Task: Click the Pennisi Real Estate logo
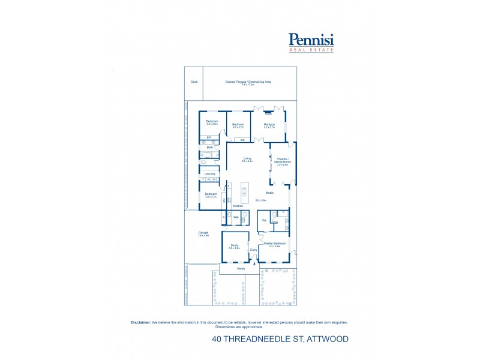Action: (x=311, y=42)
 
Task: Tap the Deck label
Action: (x=194, y=82)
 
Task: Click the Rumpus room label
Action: (x=269, y=125)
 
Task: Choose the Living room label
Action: (x=247, y=159)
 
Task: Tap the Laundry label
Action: (x=209, y=173)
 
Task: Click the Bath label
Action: (x=209, y=147)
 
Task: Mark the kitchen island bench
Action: (x=244, y=192)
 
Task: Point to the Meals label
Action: (x=269, y=193)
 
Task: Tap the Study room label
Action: (x=235, y=245)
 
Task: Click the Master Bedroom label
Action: (x=275, y=243)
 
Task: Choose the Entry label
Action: (x=253, y=249)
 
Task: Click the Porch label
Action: (x=240, y=268)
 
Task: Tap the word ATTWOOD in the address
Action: (x=328, y=339)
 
